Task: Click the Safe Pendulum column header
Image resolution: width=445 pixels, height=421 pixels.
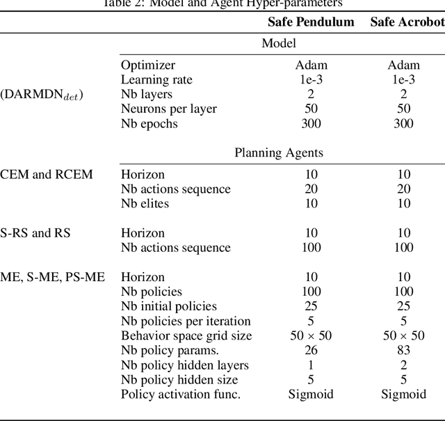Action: pos(311,22)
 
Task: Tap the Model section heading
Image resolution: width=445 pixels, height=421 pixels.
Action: pos(279,43)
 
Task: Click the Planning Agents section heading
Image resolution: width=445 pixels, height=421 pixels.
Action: pos(279,152)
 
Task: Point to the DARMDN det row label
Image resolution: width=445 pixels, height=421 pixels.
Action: pos(42,95)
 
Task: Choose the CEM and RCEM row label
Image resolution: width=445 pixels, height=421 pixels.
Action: pos(46,174)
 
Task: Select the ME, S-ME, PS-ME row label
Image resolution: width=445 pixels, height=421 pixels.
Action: pos(52,277)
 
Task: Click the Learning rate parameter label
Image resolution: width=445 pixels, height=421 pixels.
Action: pos(156,79)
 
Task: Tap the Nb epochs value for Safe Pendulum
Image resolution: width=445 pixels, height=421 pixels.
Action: pos(311,124)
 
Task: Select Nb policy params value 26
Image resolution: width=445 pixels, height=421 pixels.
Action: pos(311,350)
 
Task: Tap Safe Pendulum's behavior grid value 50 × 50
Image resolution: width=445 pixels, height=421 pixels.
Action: pos(311,335)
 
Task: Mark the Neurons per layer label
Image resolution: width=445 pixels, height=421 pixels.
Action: pos(169,109)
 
